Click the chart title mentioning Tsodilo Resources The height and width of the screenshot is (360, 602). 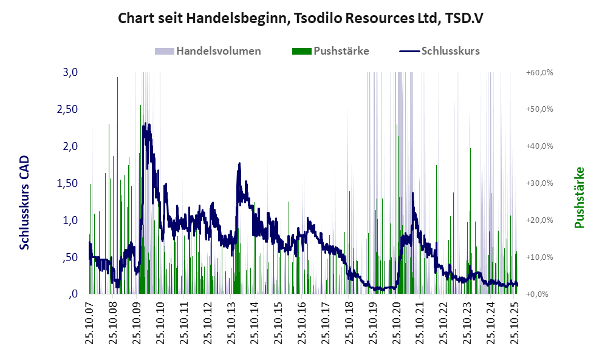pos(300,18)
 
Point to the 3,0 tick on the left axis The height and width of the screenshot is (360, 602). pos(70,72)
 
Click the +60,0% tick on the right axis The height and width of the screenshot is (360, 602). pos(539,73)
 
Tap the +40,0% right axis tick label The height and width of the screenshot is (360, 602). pos(539,146)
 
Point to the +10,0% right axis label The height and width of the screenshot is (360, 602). pos(539,257)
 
